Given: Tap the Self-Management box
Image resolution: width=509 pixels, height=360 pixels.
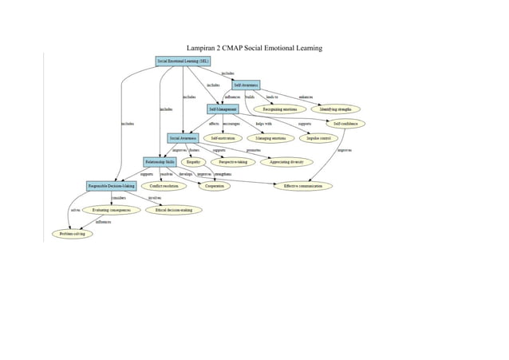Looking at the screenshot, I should point(222,108).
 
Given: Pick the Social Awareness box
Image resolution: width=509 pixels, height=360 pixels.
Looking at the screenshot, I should point(183,138).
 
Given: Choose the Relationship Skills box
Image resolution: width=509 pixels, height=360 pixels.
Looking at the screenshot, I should point(160,161).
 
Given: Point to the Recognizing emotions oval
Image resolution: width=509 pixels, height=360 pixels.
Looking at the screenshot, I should point(279,108).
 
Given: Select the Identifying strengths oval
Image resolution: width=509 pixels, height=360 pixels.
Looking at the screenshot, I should point(335,108).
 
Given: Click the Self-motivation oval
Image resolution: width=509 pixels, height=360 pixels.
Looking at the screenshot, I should point(223,138).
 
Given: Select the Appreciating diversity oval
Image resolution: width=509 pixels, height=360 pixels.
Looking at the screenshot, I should point(290,162).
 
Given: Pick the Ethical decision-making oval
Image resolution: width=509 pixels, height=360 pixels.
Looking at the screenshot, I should point(173,210).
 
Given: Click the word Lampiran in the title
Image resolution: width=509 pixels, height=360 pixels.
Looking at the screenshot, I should point(203,49).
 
